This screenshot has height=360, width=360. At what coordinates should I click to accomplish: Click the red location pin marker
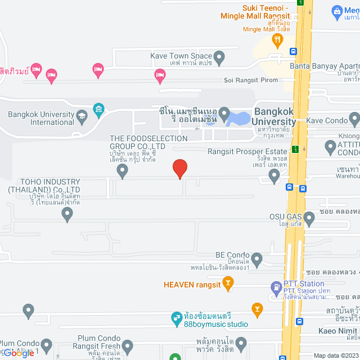[179, 169]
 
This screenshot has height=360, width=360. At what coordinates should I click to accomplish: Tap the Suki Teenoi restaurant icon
[277, 39]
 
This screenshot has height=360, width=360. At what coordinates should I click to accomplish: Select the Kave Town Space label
[181, 56]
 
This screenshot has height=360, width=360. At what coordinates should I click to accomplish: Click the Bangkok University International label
[40, 118]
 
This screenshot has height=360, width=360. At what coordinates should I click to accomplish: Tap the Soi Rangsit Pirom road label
[251, 80]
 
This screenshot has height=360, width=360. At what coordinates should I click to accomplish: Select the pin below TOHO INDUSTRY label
[67, 214]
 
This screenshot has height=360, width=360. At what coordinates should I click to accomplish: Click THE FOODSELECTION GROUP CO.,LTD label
[148, 142]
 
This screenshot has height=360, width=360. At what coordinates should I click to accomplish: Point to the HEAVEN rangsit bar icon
[228, 285]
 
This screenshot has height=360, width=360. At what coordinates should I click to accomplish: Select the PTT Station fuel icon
[276, 289]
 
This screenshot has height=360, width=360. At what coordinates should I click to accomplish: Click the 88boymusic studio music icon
[176, 319]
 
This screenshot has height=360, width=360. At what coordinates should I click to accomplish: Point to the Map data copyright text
[335, 355]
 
